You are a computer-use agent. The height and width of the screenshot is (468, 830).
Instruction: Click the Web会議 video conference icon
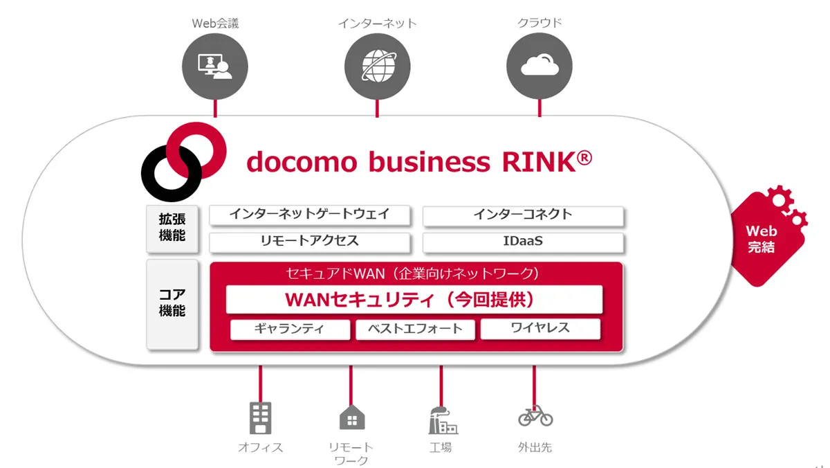(x=215, y=66)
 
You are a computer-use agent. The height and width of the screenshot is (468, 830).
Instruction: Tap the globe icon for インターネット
(x=377, y=66)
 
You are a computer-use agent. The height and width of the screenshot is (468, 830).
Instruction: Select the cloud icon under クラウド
(x=539, y=66)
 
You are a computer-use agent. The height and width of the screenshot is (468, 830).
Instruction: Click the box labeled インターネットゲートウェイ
(x=310, y=215)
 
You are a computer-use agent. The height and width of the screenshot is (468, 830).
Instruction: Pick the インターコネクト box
(x=523, y=215)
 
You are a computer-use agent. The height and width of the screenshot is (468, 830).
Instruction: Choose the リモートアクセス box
(x=310, y=242)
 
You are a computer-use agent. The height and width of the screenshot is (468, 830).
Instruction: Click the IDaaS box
(x=523, y=242)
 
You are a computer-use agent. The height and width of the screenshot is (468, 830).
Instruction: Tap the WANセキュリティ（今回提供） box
(x=414, y=299)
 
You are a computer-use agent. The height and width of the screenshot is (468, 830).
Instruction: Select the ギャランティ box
(x=290, y=330)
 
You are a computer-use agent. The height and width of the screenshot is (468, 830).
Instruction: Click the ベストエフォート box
(x=416, y=330)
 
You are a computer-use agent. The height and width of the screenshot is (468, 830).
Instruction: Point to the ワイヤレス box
(x=541, y=329)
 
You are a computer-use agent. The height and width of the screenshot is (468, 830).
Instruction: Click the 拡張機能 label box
(x=172, y=229)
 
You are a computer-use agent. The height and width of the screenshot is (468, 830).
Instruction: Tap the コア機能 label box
(x=172, y=304)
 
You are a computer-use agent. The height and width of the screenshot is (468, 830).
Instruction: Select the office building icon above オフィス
(x=261, y=418)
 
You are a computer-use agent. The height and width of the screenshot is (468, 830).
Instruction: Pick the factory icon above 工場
(x=443, y=420)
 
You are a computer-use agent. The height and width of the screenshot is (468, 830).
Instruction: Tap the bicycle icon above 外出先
(x=535, y=415)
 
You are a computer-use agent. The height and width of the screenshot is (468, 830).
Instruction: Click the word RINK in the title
(x=539, y=163)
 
